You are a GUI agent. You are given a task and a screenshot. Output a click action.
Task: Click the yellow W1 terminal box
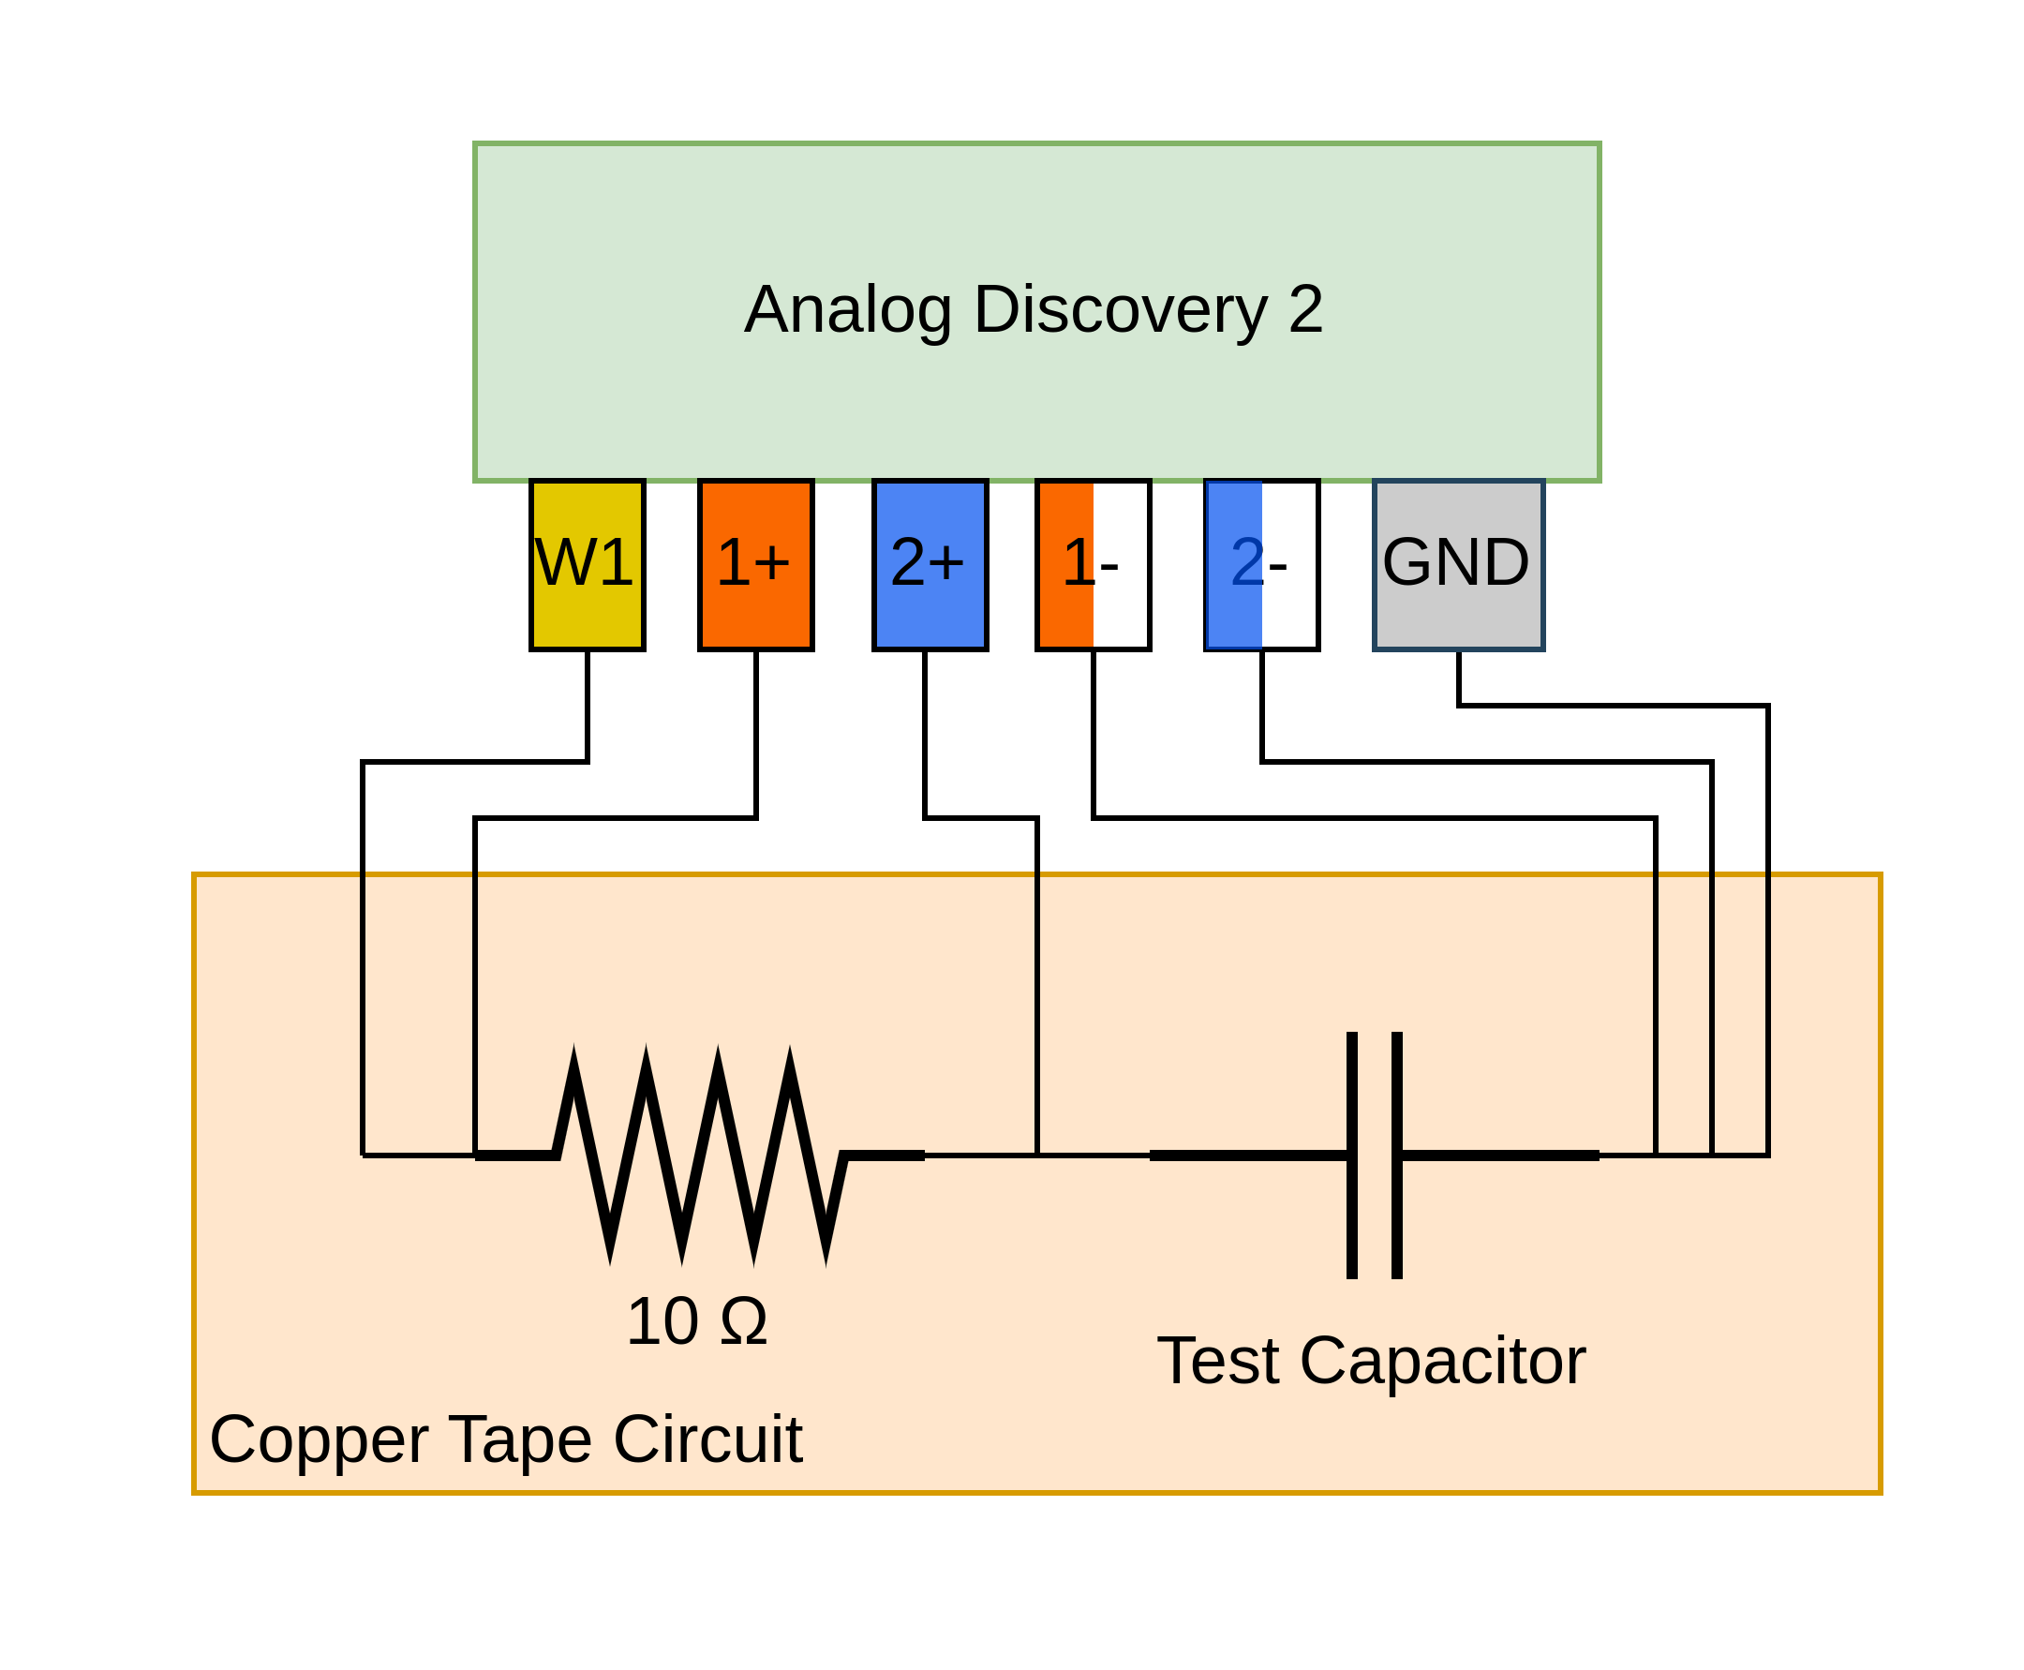(x=587, y=565)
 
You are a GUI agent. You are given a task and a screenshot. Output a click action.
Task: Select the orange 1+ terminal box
(x=755, y=565)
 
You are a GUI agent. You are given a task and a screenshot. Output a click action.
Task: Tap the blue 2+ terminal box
(x=930, y=565)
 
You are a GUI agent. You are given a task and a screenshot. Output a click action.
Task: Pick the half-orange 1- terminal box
(x=1093, y=565)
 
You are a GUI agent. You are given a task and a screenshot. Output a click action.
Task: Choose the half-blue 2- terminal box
(x=1261, y=565)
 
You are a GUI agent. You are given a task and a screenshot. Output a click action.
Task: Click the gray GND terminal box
(x=1457, y=565)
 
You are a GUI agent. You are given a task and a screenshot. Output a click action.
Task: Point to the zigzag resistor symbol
(x=699, y=1156)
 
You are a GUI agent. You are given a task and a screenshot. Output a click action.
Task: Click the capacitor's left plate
(x=1351, y=1156)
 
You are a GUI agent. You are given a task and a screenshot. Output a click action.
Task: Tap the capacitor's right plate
(x=1397, y=1156)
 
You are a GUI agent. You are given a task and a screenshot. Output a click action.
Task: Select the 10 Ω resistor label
(x=696, y=1321)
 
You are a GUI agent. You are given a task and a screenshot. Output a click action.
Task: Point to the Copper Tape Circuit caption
(x=505, y=1440)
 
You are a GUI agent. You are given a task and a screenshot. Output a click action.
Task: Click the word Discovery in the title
(x=1121, y=310)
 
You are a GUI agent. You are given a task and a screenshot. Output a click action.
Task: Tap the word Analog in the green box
(x=847, y=310)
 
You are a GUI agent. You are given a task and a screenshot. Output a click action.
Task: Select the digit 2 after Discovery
(x=1305, y=310)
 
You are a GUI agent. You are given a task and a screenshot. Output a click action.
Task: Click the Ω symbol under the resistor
(x=744, y=1321)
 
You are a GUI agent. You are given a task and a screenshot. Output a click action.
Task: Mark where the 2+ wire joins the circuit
(x=1037, y=1156)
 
